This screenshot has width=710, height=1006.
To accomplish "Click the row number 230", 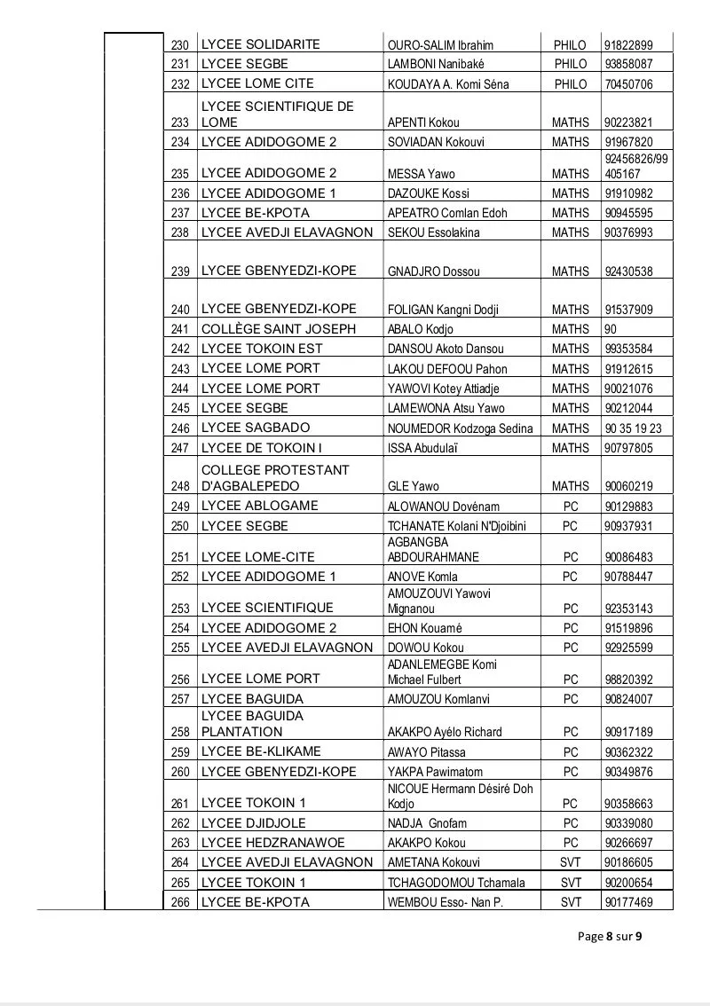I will [x=181, y=45].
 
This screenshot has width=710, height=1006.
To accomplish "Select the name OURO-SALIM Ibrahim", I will [x=440, y=45].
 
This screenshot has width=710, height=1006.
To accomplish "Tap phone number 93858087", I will [x=628, y=65].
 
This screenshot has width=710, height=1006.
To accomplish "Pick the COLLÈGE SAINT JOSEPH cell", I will [x=279, y=329].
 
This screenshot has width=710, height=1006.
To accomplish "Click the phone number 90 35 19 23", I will [x=633, y=428].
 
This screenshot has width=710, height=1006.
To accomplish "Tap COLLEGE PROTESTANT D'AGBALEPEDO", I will [x=275, y=478].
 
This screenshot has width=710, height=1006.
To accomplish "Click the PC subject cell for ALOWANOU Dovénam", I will [x=571, y=507].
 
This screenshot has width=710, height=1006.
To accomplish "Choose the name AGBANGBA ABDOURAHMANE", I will [x=433, y=549].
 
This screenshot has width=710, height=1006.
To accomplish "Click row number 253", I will [x=181, y=609].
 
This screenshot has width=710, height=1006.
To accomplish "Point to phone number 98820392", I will [x=628, y=680].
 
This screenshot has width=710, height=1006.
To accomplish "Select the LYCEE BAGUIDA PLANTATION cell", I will [x=252, y=724].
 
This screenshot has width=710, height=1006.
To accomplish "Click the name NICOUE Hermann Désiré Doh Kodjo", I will [x=460, y=796].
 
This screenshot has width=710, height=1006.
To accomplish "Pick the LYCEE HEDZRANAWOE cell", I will [x=273, y=842].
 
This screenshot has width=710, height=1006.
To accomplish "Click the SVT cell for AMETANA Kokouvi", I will [x=571, y=862].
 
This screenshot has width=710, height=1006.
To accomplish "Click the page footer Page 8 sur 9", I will [x=610, y=936].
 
